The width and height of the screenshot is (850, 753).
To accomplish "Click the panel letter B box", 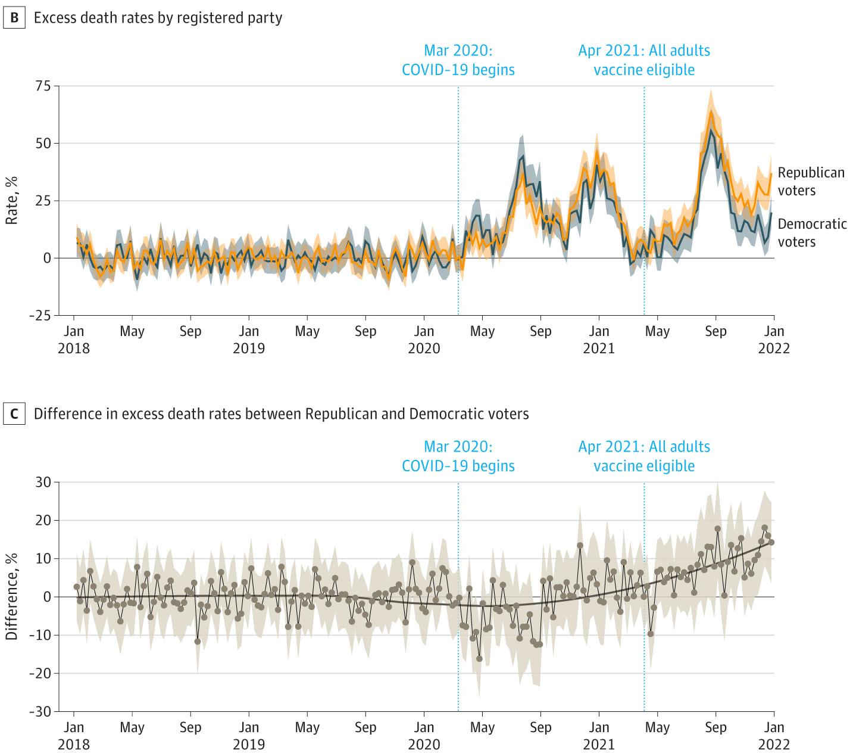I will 15,18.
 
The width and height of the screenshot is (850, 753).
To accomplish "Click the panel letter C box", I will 15,414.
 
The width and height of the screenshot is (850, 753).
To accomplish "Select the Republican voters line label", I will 811,181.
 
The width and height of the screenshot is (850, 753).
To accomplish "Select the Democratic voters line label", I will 812,232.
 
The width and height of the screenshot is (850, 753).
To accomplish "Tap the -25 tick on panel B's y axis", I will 42,315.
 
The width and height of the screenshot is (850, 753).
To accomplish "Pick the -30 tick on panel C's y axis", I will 42,711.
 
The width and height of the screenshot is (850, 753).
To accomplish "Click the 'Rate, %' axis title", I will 11,200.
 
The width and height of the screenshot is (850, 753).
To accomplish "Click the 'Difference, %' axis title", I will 11,596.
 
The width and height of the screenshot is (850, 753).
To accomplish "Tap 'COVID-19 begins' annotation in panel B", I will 458,70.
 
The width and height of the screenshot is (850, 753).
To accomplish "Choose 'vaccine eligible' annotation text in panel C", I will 644,466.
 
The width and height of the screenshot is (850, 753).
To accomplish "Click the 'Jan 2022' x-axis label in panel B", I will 774,339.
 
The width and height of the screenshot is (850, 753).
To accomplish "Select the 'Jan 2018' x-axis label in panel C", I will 74,735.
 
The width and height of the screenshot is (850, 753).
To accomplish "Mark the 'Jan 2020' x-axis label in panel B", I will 424,339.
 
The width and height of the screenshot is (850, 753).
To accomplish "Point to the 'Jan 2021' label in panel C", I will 599,735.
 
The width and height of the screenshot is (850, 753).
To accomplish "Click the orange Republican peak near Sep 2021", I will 711,111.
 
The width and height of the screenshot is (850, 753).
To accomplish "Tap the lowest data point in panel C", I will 479,658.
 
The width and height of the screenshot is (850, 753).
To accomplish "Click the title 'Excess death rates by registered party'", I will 158,18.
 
